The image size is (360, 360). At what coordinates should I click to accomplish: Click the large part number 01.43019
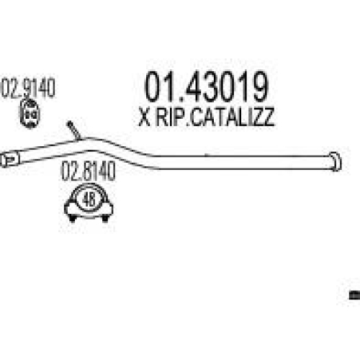pos(207,86)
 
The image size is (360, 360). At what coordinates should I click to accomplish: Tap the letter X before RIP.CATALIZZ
pos(145,117)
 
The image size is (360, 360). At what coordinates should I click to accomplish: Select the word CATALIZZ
pos(232,117)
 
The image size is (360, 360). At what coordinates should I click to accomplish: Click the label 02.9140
pos(28,88)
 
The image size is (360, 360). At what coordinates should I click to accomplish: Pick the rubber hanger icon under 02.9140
pos(30,114)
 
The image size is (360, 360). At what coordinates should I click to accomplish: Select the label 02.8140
pos(89,171)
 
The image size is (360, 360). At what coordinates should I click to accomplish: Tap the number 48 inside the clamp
pos(89,199)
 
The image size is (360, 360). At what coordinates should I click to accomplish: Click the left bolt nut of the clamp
pos(72,218)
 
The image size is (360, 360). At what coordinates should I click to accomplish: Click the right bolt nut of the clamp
pos(105,218)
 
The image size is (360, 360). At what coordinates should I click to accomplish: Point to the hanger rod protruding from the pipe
pos(73,130)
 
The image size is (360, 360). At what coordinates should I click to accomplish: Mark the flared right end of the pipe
pos(336,161)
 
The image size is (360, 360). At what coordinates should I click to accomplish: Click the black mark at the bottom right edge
pos(355,295)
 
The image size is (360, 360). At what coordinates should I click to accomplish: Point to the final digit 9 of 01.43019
pos(258,86)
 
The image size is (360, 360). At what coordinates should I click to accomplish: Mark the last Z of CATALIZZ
pos(268,117)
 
